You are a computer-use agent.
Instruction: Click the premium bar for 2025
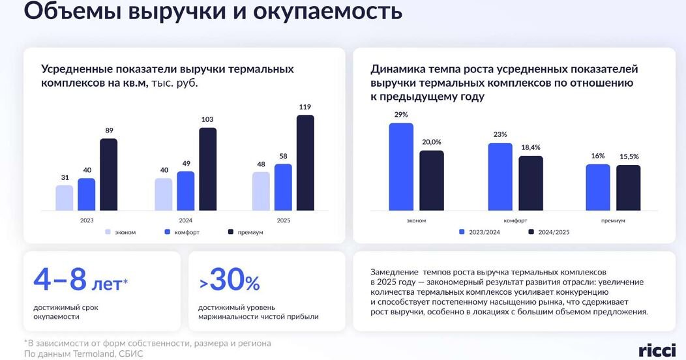(305, 163)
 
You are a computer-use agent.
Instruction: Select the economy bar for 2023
(65, 198)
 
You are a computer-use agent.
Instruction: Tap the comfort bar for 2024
(185, 190)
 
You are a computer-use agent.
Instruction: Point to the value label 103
(207, 119)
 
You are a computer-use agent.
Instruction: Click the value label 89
(109, 130)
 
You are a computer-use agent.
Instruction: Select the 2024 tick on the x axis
(185, 220)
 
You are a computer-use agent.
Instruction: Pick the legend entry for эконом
(121, 232)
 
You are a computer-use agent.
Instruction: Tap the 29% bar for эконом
(401, 167)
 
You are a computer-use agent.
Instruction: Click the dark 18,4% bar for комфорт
(531, 183)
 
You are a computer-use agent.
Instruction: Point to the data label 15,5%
(629, 157)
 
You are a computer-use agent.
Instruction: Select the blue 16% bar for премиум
(597, 187)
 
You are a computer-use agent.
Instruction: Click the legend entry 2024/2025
(549, 232)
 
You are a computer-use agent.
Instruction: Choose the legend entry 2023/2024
(479, 232)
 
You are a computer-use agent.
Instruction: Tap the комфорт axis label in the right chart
(515, 221)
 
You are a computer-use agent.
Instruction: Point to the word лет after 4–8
(107, 285)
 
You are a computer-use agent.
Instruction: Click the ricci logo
(657, 350)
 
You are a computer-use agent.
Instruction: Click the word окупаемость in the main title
(327, 12)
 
